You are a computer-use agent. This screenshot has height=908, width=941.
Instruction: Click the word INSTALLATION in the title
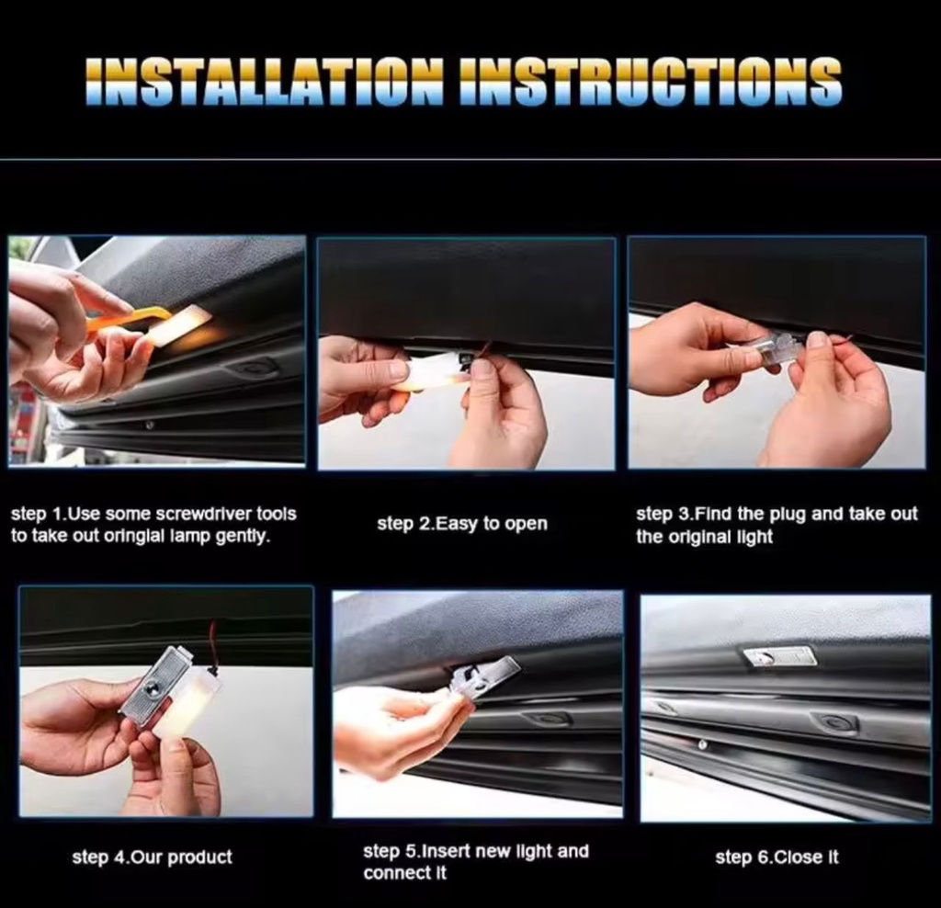(x=264, y=82)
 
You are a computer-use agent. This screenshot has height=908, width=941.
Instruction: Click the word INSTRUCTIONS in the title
(x=651, y=82)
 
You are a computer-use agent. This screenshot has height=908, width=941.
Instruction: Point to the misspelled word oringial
(x=134, y=536)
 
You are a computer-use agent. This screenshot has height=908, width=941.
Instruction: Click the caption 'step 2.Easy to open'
(x=462, y=524)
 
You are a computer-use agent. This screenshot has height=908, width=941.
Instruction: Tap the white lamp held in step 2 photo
(x=429, y=372)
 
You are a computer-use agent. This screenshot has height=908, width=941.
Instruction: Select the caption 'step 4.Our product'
(x=152, y=857)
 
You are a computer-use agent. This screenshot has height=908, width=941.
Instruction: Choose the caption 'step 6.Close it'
(x=777, y=857)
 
